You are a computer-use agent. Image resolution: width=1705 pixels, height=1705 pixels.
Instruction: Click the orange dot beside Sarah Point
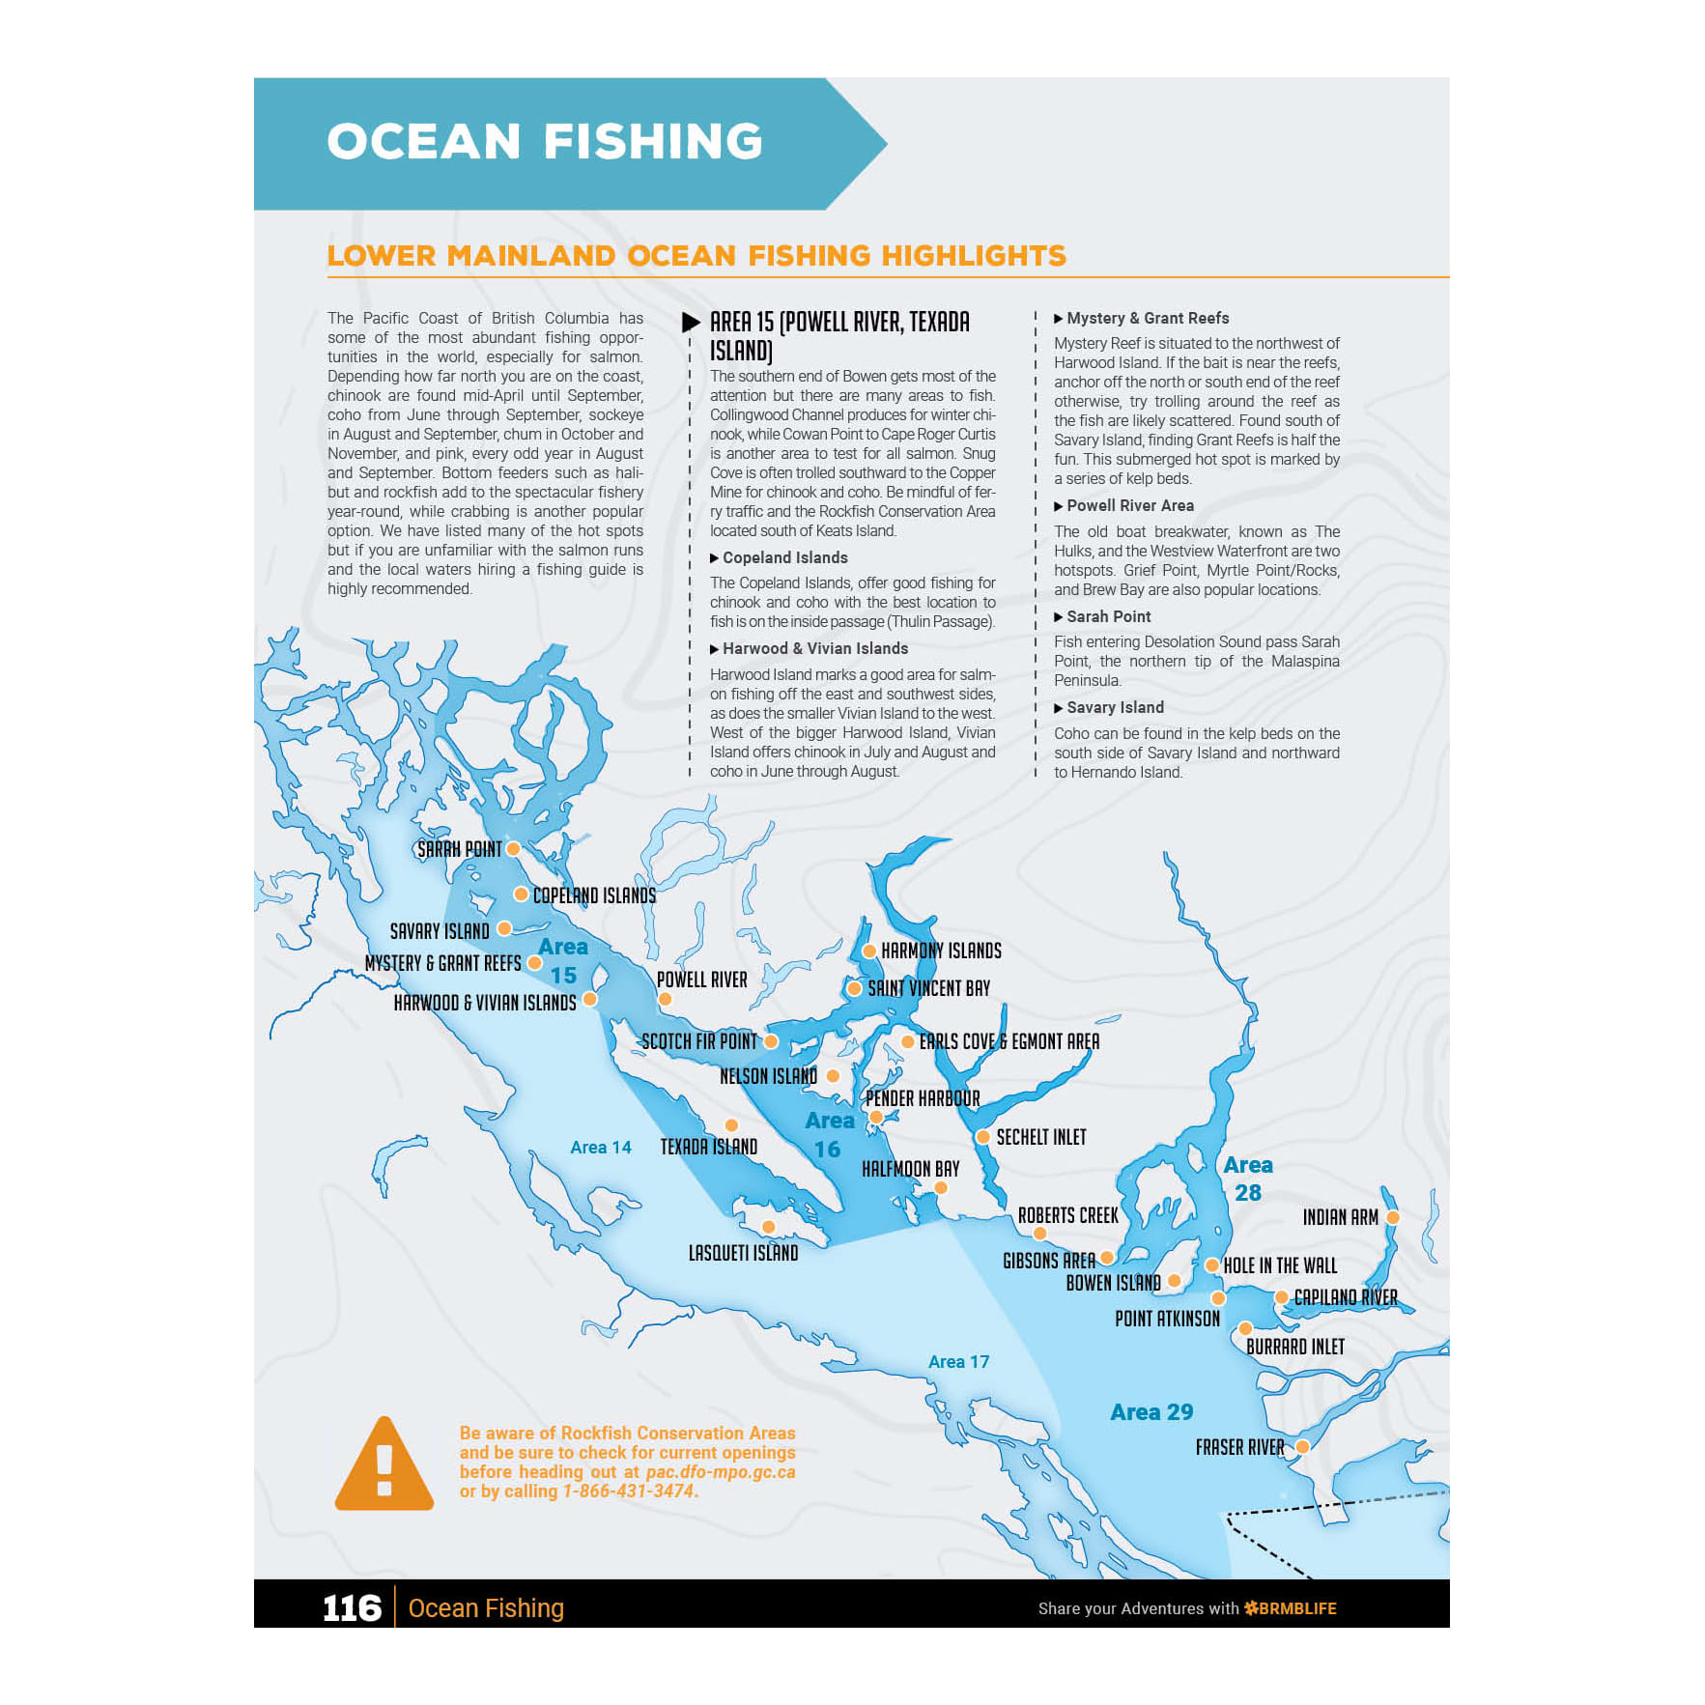click(x=514, y=848)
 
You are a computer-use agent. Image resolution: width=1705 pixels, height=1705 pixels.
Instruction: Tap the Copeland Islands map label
click(x=594, y=895)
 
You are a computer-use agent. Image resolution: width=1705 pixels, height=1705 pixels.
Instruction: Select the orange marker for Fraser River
click(x=1302, y=1446)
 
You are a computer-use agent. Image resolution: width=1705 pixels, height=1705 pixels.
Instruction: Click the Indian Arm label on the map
click(x=1340, y=1217)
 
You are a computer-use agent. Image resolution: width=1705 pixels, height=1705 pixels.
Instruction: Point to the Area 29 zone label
click(x=1151, y=1412)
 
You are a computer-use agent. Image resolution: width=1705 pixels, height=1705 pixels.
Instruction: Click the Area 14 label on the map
click(x=600, y=1148)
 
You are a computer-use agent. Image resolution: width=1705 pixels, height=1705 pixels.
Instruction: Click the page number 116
click(x=352, y=1607)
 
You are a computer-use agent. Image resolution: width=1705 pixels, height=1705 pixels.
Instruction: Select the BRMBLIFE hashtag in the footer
click(x=1291, y=1608)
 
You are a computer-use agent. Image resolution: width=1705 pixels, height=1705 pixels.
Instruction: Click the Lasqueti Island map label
click(x=743, y=1253)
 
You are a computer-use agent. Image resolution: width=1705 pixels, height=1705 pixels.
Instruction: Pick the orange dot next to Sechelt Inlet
click(x=982, y=1137)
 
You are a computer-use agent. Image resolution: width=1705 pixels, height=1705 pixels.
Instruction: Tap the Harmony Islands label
click(x=941, y=951)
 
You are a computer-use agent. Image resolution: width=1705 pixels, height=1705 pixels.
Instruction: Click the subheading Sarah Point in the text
click(x=1108, y=616)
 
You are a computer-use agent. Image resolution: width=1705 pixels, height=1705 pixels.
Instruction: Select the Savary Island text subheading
click(x=1115, y=707)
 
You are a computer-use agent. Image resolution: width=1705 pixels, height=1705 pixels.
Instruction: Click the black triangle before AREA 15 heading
click(x=691, y=323)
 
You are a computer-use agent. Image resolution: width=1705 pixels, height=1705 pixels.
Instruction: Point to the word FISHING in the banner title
click(x=653, y=141)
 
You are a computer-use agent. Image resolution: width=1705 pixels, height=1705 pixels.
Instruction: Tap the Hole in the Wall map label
click(x=1280, y=1265)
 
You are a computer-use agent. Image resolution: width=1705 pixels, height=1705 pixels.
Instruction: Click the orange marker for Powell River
click(x=665, y=999)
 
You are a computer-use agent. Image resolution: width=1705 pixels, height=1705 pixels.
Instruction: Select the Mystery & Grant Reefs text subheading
click(x=1148, y=318)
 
